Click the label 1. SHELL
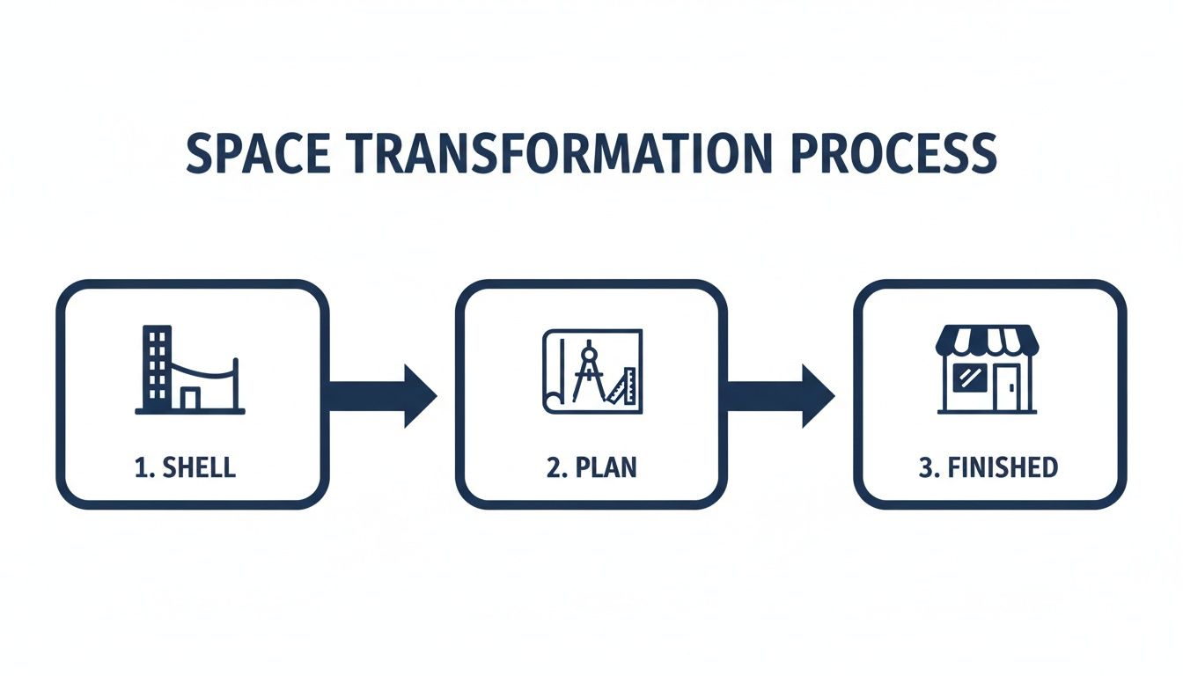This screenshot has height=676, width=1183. point(186,467)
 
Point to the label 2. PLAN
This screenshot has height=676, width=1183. point(591,467)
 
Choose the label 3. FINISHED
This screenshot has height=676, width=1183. point(988,467)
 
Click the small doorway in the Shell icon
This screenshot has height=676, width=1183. point(190,399)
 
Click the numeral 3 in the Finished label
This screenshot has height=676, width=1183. point(924,467)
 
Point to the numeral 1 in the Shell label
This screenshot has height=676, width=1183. point(140,467)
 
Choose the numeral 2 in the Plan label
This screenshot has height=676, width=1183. point(553,467)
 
